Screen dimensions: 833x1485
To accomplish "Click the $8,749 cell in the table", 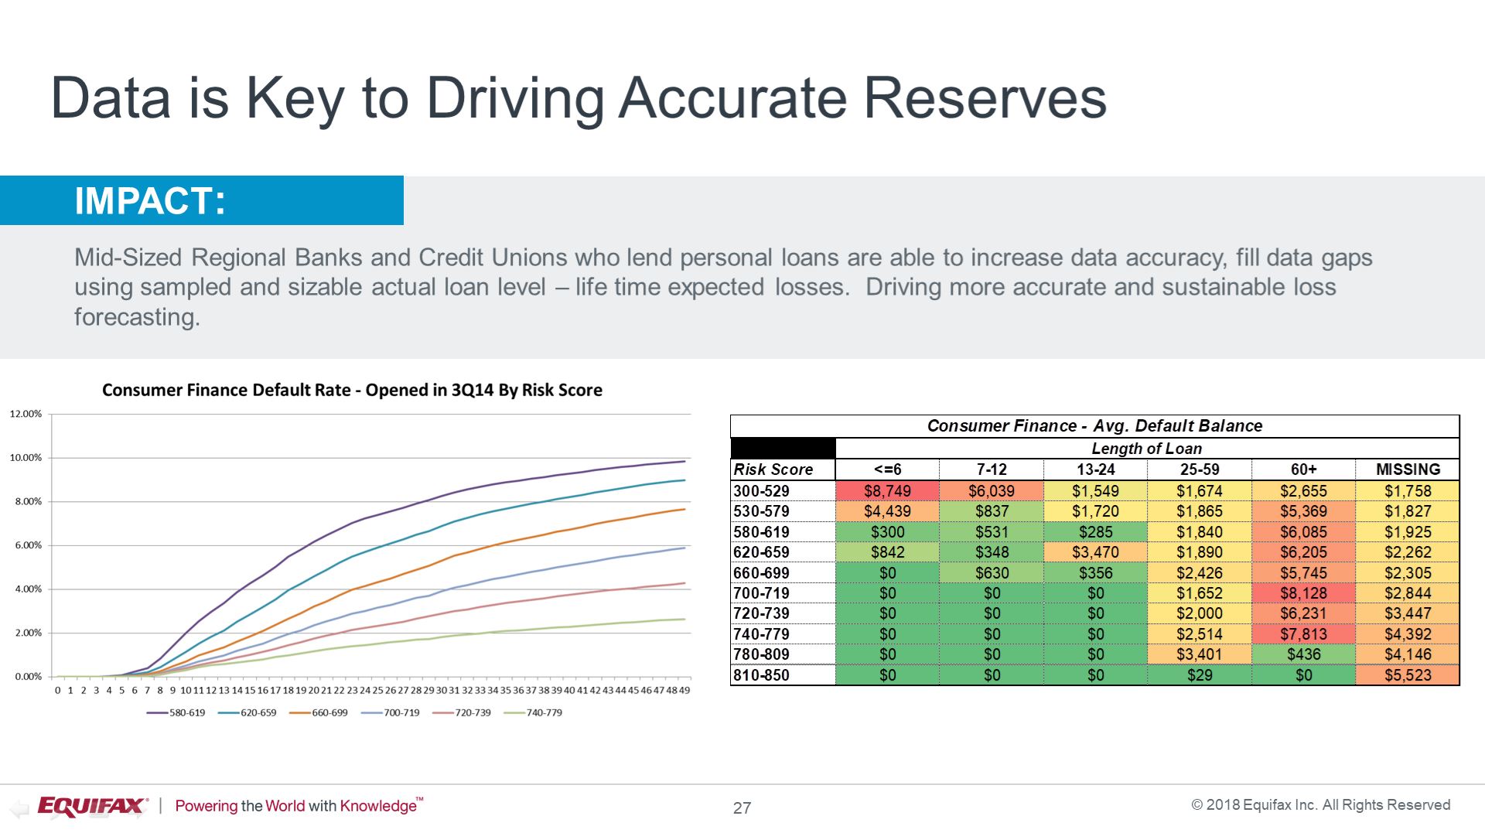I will pyautogui.click(x=887, y=491).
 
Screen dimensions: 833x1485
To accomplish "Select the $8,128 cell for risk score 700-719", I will pyautogui.click(x=1303, y=593).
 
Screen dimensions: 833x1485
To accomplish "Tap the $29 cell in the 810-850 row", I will pyautogui.click(x=1200, y=675).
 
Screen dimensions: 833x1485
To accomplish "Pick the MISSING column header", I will pyautogui.click(x=1408, y=469).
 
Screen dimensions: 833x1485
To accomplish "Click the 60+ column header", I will pyautogui.click(x=1303, y=469).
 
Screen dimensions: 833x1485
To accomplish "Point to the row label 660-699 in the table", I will pyautogui.click(x=761, y=573).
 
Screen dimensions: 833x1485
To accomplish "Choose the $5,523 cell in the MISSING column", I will pyautogui.click(x=1408, y=675).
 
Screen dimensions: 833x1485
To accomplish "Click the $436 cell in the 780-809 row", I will pyautogui.click(x=1303, y=654).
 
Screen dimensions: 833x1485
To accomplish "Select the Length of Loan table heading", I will pyautogui.click(x=1146, y=449).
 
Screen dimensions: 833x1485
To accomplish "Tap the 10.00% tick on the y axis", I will pyautogui.click(x=26, y=458).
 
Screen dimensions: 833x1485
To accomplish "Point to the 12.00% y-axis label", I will pyautogui.click(x=26, y=414).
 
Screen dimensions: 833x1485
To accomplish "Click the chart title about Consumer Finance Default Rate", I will pyautogui.click(x=352, y=390).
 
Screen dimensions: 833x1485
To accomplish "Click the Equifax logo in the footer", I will pyautogui.click(x=92, y=806).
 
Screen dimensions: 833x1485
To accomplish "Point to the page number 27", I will pyautogui.click(x=742, y=808).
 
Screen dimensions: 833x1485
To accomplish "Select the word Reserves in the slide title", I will pyautogui.click(x=985, y=98).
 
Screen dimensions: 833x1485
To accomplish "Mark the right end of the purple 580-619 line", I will pyautogui.click(x=684, y=462).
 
